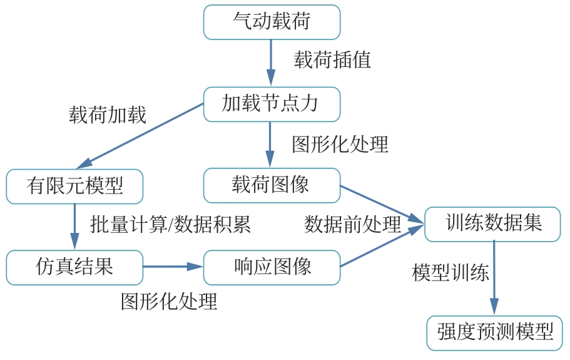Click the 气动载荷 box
(x=272, y=22)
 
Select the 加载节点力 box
(x=272, y=103)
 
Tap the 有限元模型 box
(x=74, y=186)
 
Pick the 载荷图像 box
(x=272, y=185)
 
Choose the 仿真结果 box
(x=74, y=267)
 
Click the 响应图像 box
(x=272, y=267)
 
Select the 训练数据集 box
(x=493, y=224)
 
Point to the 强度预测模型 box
(x=495, y=332)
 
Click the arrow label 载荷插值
(x=332, y=60)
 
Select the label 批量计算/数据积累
(x=170, y=225)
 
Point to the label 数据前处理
(x=352, y=225)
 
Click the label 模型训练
(x=450, y=273)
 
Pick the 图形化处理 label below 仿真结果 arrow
(x=169, y=302)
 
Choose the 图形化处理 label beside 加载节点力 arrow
(x=340, y=144)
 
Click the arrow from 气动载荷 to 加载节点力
(x=271, y=63)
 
